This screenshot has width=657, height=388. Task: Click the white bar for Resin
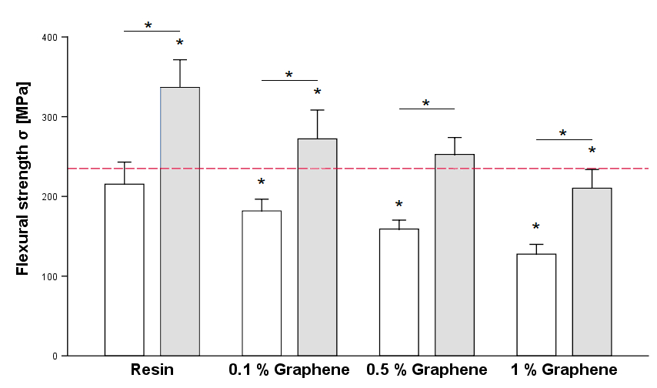tap(124, 269)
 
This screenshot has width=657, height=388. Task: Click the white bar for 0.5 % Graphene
tap(399, 292)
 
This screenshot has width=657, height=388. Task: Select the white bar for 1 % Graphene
tap(536, 304)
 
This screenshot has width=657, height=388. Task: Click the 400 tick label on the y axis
tap(52, 38)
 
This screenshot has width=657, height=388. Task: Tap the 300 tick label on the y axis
tap(52, 117)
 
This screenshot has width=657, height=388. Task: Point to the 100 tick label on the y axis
tap(52, 276)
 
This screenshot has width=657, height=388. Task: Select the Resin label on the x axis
tap(152, 370)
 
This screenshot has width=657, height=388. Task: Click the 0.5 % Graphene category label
tap(427, 370)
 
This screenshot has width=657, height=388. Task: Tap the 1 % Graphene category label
tap(564, 370)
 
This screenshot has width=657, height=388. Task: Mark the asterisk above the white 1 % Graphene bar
tap(536, 228)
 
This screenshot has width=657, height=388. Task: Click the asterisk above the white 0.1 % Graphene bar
tap(262, 183)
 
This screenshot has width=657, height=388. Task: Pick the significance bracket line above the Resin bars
tap(152, 32)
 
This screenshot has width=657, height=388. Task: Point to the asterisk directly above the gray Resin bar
tap(179, 44)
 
